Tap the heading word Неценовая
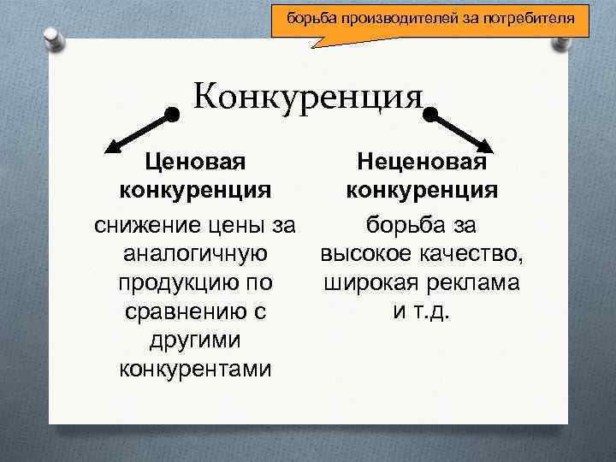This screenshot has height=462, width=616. (422, 160)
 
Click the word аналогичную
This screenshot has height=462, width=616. (196, 254)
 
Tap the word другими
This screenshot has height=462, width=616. (196, 341)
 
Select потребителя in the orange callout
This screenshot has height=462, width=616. (533, 17)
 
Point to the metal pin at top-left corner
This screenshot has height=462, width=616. (52, 38)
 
